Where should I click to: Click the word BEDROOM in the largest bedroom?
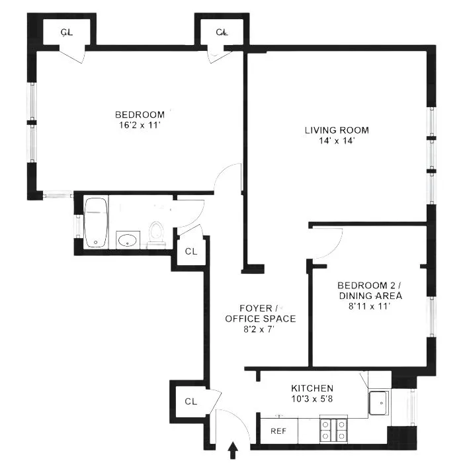(x=140, y=114)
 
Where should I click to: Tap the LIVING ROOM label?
(x=337, y=130)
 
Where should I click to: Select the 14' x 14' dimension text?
(x=337, y=140)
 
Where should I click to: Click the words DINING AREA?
(x=370, y=296)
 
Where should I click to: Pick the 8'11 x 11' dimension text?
(x=370, y=306)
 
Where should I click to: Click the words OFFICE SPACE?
(x=260, y=318)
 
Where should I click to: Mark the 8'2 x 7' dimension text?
(x=260, y=329)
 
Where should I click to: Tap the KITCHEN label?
(x=312, y=388)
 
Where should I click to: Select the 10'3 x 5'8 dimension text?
(x=312, y=399)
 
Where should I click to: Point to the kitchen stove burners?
(x=333, y=430)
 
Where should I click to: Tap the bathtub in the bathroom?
(x=97, y=222)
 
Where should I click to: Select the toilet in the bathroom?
(x=157, y=233)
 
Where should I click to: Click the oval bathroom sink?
(x=127, y=239)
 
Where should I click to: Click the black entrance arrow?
(x=232, y=451)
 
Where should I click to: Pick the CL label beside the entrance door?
(x=190, y=401)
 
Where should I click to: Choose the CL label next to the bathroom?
(x=190, y=251)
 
